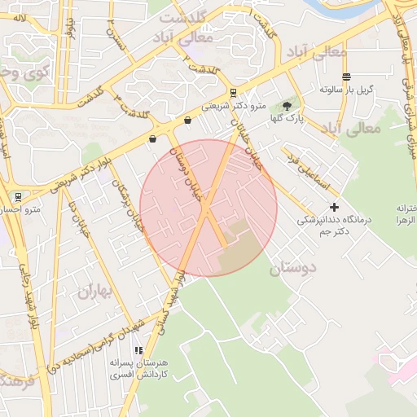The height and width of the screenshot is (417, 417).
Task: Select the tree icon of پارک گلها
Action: coord(286,105)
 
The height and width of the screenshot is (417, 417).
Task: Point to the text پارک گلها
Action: coord(288,119)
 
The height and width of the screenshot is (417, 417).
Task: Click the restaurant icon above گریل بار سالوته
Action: coord(346,77)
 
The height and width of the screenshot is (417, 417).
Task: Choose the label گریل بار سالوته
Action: coord(346,89)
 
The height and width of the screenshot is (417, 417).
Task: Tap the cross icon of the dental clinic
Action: coord(334,208)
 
